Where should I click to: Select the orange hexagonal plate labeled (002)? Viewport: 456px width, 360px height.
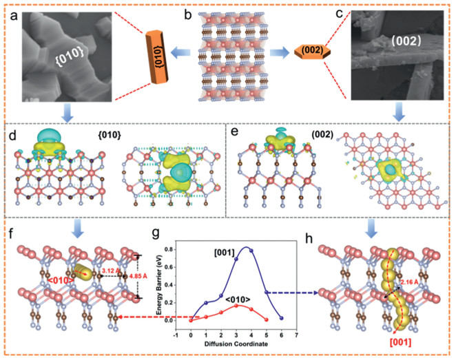(x=313, y=52)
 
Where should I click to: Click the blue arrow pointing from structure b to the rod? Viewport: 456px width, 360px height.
(x=183, y=50)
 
